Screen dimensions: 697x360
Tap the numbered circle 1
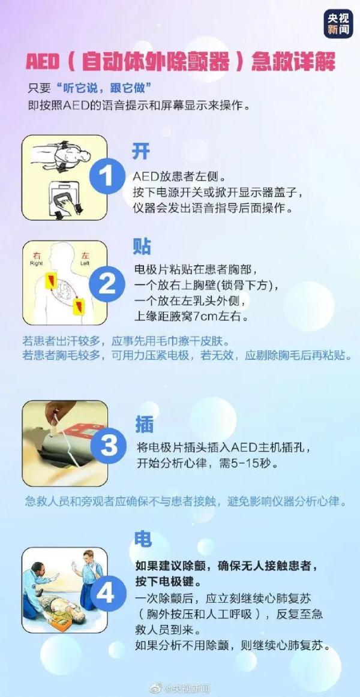pos(107,176)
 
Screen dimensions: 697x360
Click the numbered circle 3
pos(109,446)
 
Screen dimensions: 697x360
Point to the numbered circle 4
pos(106,593)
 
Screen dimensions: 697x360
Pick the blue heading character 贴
pos(142,246)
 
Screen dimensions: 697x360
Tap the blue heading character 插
pos(144,425)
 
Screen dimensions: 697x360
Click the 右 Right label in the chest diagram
pos(37,258)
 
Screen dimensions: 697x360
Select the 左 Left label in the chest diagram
pos(85,258)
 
